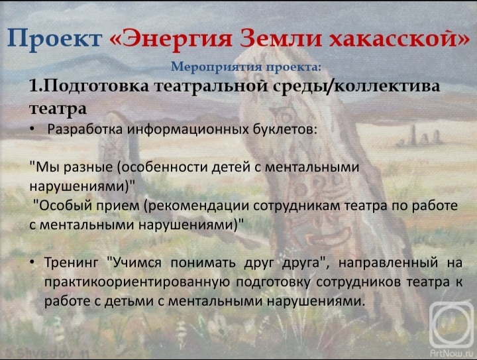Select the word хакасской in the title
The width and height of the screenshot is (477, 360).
(399, 38)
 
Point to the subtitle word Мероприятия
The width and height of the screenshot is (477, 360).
(217, 67)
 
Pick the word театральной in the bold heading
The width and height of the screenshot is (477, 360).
(215, 86)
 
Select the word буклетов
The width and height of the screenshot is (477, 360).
(285, 129)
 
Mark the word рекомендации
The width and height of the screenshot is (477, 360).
(197, 206)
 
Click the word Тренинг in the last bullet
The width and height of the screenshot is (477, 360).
(72, 263)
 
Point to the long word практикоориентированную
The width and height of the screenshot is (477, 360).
(137, 282)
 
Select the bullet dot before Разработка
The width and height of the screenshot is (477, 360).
(32, 130)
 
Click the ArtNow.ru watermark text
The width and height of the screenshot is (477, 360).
(451, 353)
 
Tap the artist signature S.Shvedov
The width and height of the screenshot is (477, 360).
(45, 353)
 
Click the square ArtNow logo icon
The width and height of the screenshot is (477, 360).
(452, 325)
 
